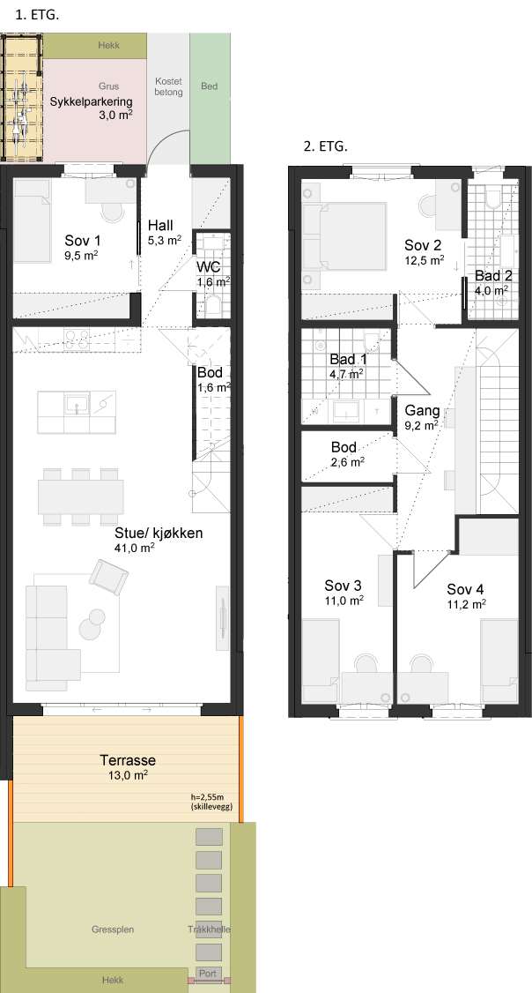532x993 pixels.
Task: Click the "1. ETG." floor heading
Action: [36, 16]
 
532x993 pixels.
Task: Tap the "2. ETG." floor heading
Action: [325, 147]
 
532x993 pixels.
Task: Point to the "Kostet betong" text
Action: [168, 86]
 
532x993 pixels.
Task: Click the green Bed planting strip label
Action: [210, 86]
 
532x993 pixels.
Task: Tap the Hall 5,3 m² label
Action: [165, 232]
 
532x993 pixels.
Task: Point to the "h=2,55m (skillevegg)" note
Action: [211, 803]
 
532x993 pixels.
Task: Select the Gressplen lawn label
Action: [113, 929]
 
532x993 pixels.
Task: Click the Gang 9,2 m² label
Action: [422, 417]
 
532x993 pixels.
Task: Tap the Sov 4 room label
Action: [466, 595]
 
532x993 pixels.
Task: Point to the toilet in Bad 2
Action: [491, 197]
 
